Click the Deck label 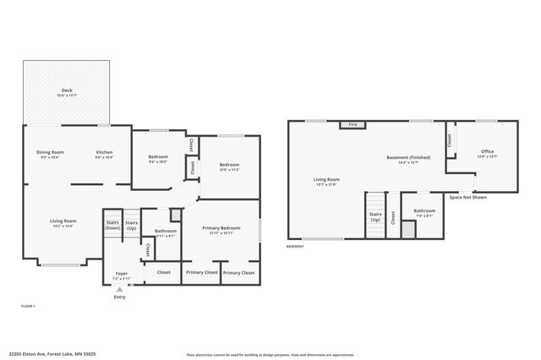[66, 90]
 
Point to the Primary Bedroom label [221, 227]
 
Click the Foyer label [122, 274]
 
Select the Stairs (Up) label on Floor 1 [131, 225]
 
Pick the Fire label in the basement [352, 125]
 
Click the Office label [487, 151]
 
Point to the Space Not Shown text [467, 197]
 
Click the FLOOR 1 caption [28, 305]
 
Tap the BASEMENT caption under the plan [295, 247]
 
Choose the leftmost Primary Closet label [200, 272]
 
